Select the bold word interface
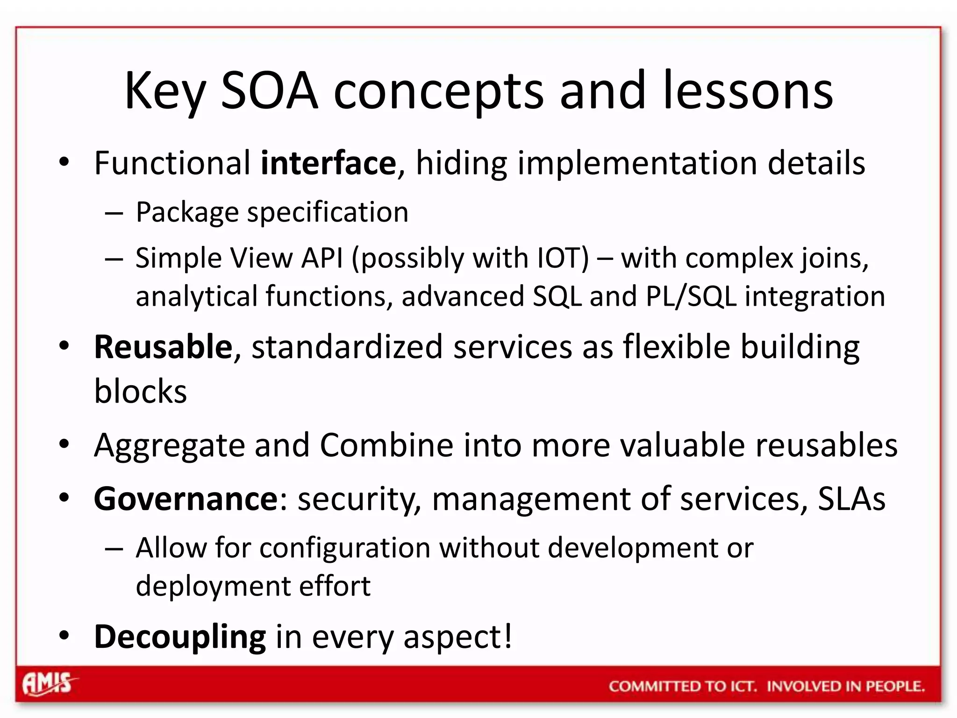(328, 163)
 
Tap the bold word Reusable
(163, 347)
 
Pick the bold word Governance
(186, 499)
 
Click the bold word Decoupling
(180, 637)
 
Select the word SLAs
(851, 499)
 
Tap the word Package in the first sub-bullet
(187, 213)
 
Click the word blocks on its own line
(140, 391)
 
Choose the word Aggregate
(169, 445)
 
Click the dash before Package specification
(114, 214)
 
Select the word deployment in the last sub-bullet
(213, 586)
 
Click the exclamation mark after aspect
(507, 636)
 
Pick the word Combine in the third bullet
(386, 445)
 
